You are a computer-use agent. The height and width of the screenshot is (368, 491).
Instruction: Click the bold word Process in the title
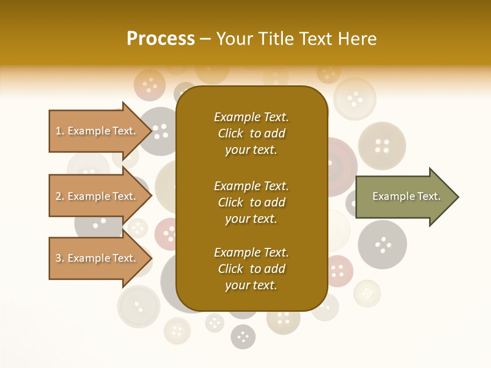click(x=161, y=39)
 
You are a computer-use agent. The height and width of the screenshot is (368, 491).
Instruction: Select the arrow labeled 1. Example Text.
click(x=97, y=131)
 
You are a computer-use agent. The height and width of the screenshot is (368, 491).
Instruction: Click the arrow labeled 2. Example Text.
click(x=97, y=196)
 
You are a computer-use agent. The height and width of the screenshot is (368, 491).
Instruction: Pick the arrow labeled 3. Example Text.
click(x=97, y=258)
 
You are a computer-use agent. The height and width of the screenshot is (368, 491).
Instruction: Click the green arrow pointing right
click(x=406, y=197)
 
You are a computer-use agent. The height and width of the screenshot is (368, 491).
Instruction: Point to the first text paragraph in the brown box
click(x=251, y=133)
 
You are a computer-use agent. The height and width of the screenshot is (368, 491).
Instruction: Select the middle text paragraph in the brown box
click(x=251, y=202)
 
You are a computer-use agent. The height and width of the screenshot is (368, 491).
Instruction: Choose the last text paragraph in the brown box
click(x=251, y=269)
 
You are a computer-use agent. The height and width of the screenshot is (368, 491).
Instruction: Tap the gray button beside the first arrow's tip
click(x=160, y=131)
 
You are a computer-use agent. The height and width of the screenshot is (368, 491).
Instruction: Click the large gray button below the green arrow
click(x=382, y=244)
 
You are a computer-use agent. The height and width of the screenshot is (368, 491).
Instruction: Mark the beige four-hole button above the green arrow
click(x=382, y=145)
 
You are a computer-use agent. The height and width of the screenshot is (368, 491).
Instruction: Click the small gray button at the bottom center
click(x=243, y=336)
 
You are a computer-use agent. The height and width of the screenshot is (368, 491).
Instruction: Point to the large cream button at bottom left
click(x=139, y=306)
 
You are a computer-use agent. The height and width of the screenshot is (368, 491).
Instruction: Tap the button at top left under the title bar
click(x=149, y=84)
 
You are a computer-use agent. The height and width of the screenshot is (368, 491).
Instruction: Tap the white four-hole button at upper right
click(x=354, y=97)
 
